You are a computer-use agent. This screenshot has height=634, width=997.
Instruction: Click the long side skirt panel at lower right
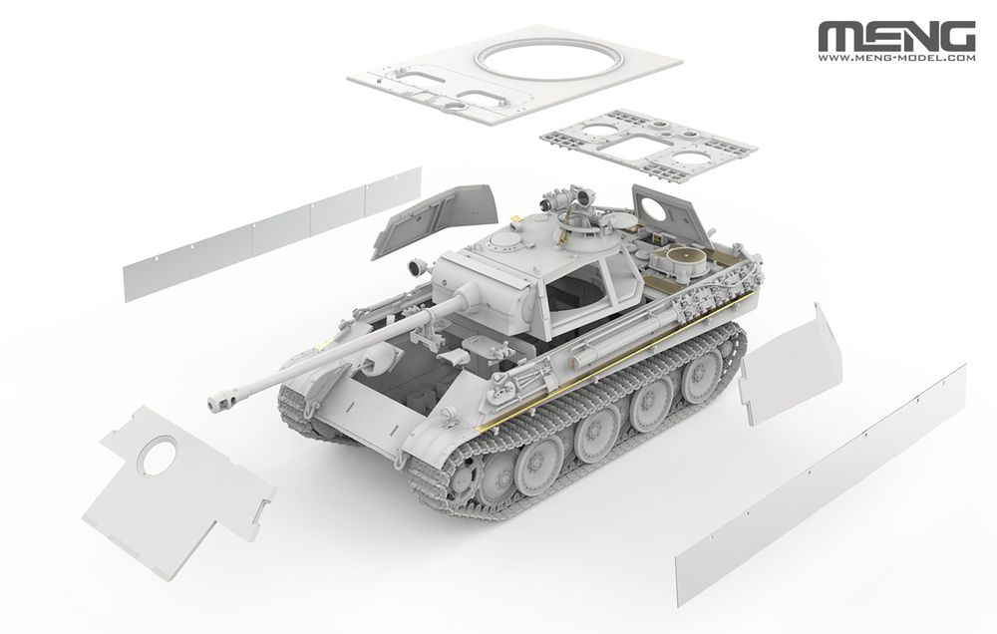(823, 478)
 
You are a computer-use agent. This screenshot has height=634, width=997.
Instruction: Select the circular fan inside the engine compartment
(683, 263)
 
